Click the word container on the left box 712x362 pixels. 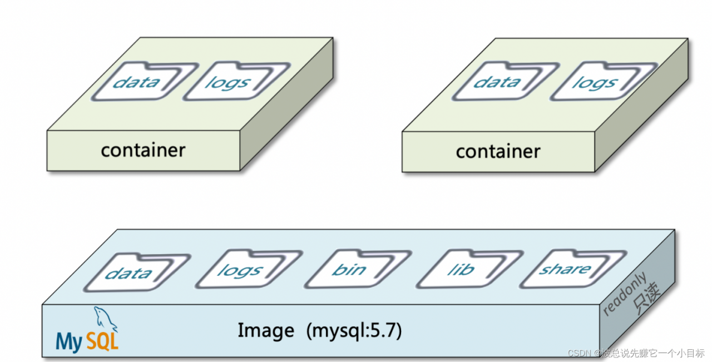point(143,150)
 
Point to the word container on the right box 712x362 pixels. point(498,152)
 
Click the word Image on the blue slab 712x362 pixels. point(266,331)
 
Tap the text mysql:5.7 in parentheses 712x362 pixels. point(354,331)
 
